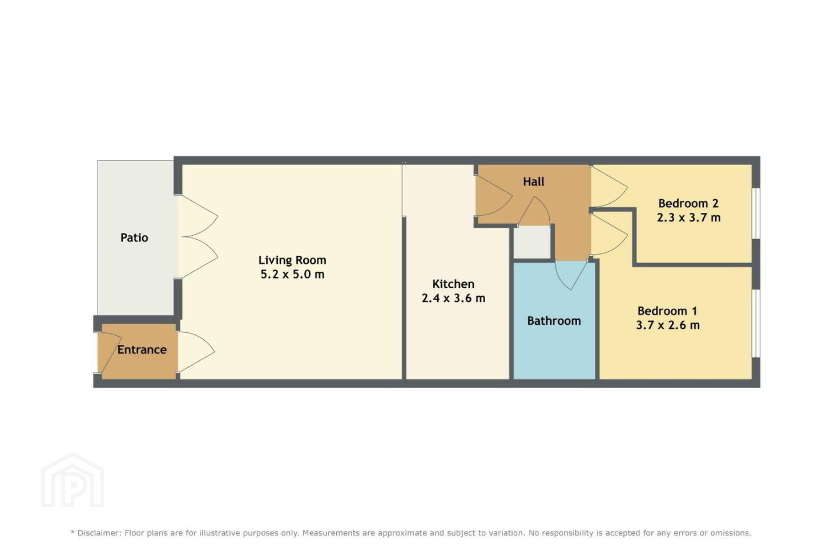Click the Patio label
(x=134, y=238)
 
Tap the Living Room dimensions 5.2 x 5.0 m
(x=292, y=274)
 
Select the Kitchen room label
(x=453, y=284)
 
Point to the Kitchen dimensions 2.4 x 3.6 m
(x=454, y=298)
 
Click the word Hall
(x=534, y=182)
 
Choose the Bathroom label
(x=554, y=321)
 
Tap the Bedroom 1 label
(x=667, y=311)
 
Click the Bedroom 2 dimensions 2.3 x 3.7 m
(x=689, y=217)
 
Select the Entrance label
(x=142, y=350)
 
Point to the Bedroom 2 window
(x=756, y=213)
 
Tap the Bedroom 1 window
(x=756, y=323)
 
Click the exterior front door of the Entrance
(x=110, y=352)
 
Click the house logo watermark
(x=72, y=481)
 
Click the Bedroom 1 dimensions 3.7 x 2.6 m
(x=668, y=325)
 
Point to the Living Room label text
(x=292, y=260)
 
